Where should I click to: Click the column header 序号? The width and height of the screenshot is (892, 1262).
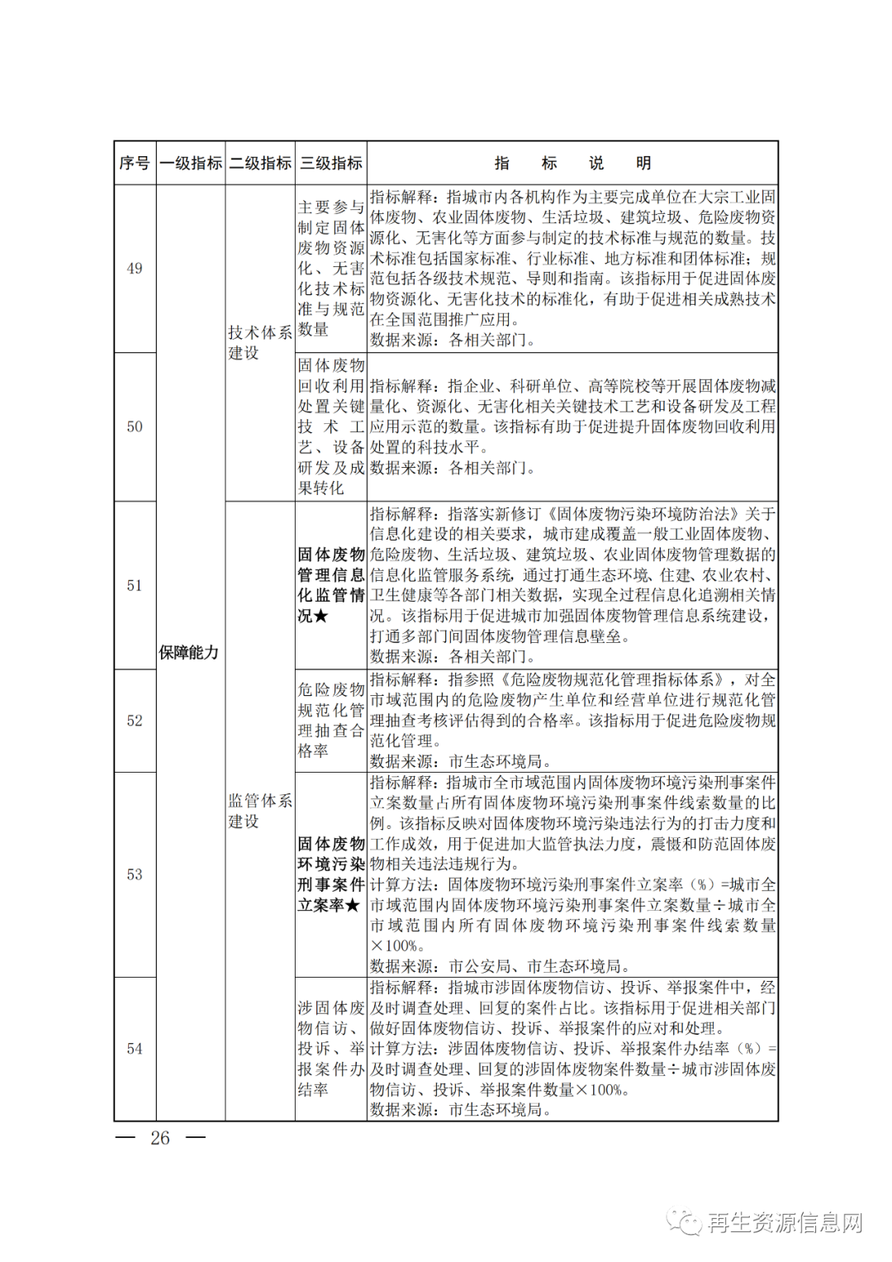(x=135, y=163)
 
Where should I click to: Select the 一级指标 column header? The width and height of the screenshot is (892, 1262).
(x=191, y=163)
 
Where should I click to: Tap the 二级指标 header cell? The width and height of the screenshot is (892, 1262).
(x=260, y=163)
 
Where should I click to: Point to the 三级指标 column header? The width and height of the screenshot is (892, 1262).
(x=330, y=163)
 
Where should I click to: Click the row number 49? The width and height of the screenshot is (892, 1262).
(x=135, y=269)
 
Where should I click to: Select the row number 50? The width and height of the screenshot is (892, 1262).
(x=135, y=426)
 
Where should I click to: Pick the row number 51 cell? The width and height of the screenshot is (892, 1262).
(x=135, y=585)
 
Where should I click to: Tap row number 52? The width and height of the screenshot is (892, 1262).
(x=135, y=721)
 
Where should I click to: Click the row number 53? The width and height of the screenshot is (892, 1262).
(x=135, y=874)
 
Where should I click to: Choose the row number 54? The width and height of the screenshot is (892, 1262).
(x=135, y=1049)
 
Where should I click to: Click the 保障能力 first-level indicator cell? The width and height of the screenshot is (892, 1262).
(x=189, y=652)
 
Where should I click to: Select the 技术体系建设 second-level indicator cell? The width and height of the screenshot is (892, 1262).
(x=260, y=342)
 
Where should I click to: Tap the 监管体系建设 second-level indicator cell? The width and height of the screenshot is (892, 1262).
(x=260, y=811)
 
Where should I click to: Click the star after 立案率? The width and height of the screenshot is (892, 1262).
(x=353, y=906)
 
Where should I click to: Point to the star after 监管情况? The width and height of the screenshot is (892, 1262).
(x=321, y=617)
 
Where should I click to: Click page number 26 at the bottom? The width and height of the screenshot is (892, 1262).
(x=160, y=1138)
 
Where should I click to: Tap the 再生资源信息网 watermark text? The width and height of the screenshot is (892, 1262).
(x=785, y=1222)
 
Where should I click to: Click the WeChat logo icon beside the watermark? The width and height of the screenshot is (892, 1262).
(x=685, y=1222)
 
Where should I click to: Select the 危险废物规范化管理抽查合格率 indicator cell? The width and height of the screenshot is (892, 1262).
(x=330, y=720)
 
